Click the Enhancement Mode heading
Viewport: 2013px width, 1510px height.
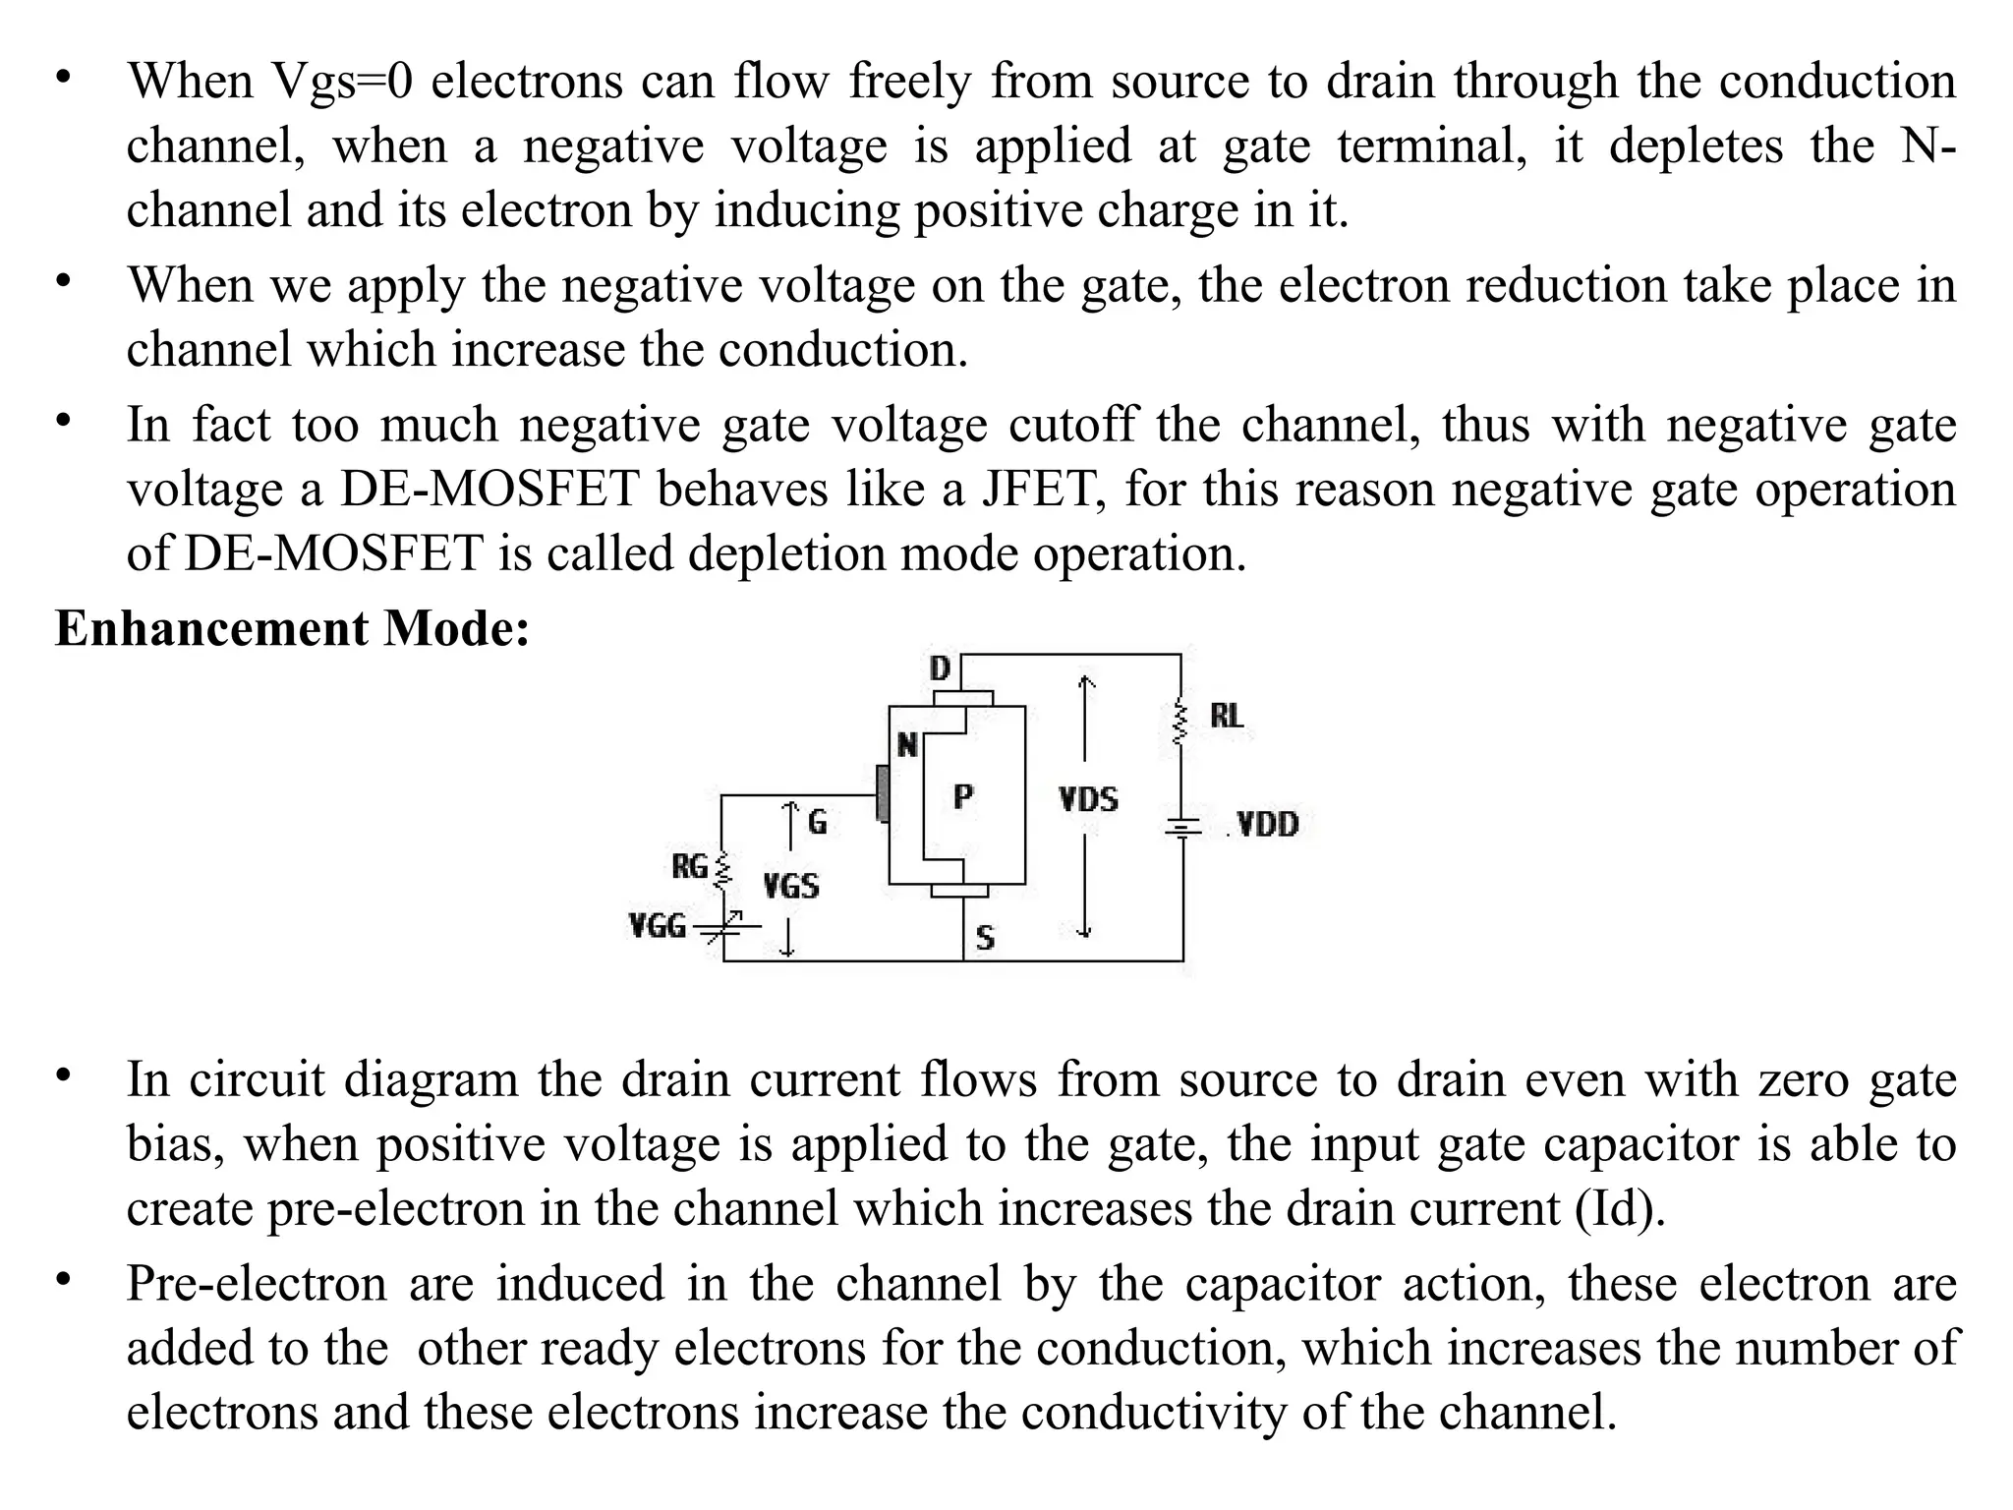(292, 628)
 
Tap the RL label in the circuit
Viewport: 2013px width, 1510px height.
(1226, 716)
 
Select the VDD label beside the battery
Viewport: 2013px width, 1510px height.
(1267, 824)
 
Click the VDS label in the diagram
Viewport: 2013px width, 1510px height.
(1088, 799)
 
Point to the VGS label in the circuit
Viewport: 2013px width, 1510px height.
(790, 887)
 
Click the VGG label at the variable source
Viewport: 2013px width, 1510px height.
(657, 926)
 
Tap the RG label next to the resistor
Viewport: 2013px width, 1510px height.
(689, 867)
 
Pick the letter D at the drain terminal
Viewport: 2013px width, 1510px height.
(940, 669)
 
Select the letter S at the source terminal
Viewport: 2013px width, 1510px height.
(985, 939)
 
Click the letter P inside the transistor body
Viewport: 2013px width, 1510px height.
(963, 797)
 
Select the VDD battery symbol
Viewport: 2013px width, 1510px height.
(1182, 829)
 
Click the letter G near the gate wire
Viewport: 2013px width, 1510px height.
(817, 822)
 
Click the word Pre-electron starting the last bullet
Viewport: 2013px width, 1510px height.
(257, 1284)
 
